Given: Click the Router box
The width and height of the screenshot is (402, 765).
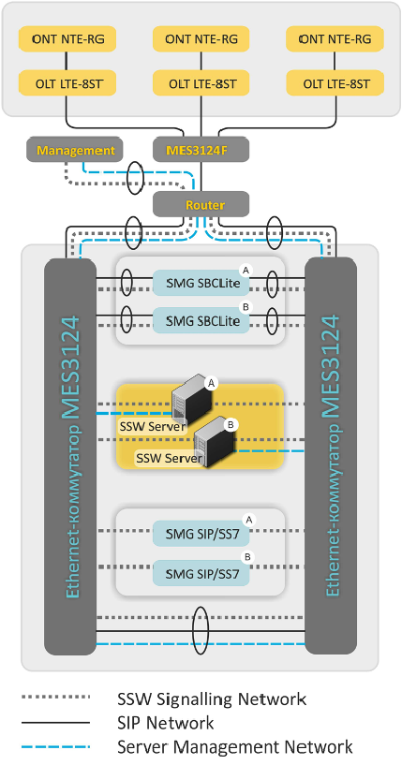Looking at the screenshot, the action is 201,204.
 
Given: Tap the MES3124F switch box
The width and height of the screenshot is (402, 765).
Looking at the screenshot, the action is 201,149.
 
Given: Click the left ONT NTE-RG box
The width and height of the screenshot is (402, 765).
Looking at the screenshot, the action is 67,39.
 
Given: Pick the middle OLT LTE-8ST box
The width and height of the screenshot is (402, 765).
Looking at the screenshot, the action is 201,83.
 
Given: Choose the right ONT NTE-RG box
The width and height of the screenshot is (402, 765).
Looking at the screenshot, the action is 335,39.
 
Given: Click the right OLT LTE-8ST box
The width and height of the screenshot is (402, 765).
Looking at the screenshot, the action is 335,83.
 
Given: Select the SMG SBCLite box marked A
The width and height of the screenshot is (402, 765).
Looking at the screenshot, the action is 201,283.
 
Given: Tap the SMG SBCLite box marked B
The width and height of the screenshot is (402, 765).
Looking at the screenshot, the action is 201,320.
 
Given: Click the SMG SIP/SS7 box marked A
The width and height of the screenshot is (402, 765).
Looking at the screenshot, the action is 201,534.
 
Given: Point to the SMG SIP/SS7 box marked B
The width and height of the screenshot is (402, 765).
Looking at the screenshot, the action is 201,573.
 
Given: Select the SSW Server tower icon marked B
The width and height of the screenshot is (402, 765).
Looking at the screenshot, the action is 214,442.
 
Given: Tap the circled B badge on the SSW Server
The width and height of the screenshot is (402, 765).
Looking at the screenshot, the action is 231,424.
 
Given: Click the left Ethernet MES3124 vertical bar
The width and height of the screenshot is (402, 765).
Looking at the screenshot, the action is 70,457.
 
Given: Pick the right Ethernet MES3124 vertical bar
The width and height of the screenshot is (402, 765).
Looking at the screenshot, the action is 331,457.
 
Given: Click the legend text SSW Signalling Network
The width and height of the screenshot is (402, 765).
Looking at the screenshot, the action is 212,699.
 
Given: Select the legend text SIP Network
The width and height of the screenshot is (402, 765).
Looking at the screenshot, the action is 166,723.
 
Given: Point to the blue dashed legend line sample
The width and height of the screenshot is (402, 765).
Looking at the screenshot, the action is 55,746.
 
